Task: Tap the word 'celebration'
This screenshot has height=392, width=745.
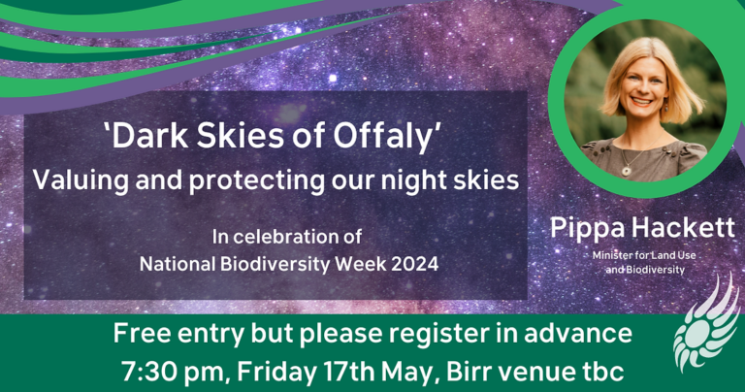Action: [292, 237]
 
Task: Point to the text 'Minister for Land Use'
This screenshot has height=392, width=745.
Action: [644, 255]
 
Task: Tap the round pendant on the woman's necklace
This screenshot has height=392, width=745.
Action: [627, 170]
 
